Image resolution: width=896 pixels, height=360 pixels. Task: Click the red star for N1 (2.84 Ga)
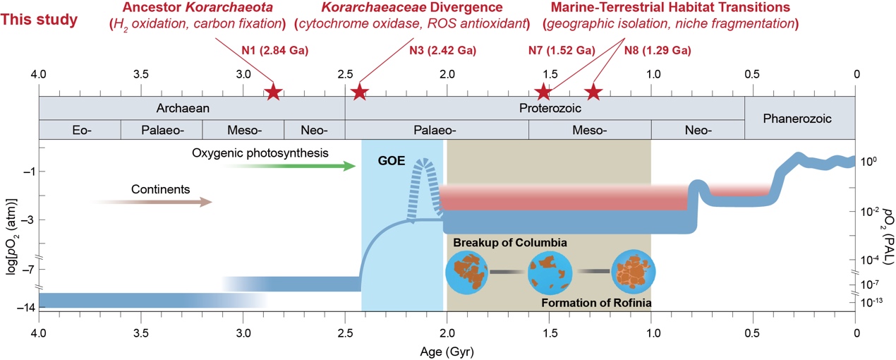pos(274,92)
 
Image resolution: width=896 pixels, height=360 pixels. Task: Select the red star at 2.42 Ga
pos(360,92)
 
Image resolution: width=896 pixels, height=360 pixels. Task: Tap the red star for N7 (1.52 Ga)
pos(543,92)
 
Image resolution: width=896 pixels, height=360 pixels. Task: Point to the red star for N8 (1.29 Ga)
pos(593,92)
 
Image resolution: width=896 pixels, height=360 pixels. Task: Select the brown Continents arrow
pos(152,202)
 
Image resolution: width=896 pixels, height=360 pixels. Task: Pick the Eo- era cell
pos(79,130)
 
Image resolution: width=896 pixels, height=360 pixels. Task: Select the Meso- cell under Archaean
pos(243,130)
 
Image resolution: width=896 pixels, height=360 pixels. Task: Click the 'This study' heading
pos(39,19)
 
